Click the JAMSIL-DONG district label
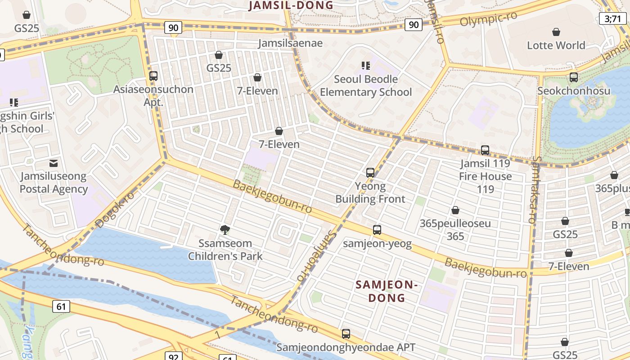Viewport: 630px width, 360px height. (x=291, y=5)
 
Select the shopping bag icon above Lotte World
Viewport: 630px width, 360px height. (x=556, y=32)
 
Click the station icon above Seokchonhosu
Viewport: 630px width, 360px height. (x=574, y=77)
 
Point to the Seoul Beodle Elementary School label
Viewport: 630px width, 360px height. (x=366, y=85)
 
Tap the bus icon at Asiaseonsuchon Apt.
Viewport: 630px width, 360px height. (x=153, y=76)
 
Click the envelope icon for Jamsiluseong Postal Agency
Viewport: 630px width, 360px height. (x=54, y=163)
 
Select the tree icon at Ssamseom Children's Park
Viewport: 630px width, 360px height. (x=225, y=230)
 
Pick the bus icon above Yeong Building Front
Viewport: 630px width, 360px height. (x=370, y=173)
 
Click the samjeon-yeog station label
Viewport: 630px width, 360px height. (x=377, y=244)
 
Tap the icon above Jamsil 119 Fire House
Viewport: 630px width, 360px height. (x=485, y=150)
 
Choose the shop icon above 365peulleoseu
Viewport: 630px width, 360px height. (x=455, y=210)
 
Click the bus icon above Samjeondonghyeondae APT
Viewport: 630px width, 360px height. (x=346, y=334)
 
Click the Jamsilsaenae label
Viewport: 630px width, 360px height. (x=290, y=43)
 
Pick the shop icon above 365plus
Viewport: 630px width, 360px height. (x=614, y=175)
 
